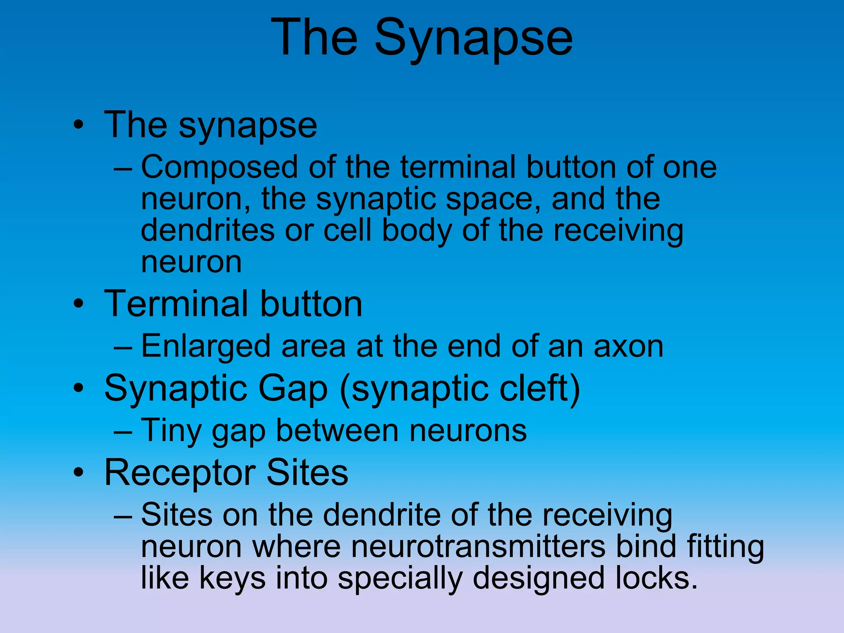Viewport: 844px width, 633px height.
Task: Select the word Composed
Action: tap(219, 167)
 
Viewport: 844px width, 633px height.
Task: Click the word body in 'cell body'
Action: tap(416, 231)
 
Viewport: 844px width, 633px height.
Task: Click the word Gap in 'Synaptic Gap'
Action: tap(293, 389)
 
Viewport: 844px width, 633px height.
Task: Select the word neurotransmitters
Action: tap(429, 547)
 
